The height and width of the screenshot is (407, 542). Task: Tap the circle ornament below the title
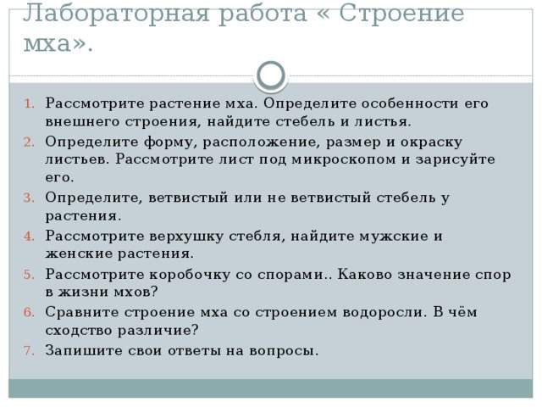click(x=271, y=75)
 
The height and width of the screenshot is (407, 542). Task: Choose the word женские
click(x=79, y=254)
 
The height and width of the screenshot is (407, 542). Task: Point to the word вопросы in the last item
click(x=285, y=349)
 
